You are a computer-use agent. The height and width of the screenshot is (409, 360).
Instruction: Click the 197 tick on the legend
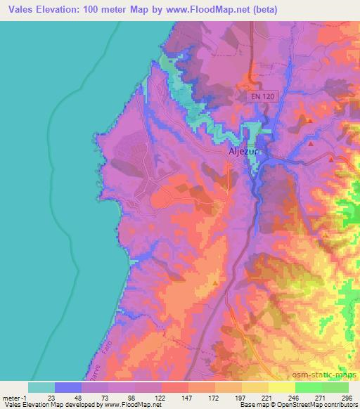coord(242,397)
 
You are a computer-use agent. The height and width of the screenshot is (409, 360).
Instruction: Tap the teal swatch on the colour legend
coord(41,387)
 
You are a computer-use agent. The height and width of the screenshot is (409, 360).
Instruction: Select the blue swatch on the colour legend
coord(68,387)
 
